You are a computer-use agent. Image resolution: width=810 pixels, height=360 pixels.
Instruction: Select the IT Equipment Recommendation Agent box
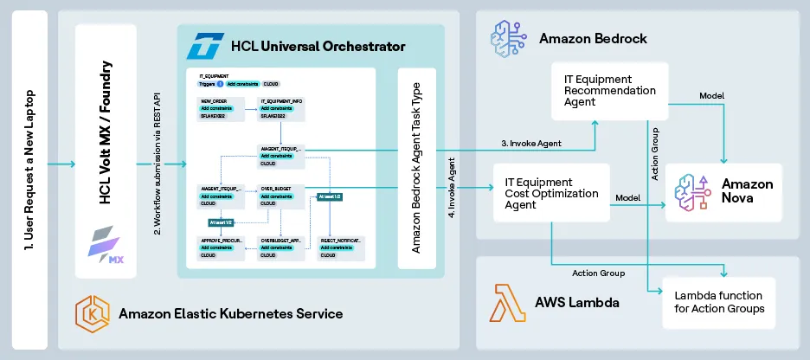(610, 90)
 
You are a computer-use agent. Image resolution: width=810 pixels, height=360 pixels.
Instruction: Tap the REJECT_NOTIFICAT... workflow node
(340, 245)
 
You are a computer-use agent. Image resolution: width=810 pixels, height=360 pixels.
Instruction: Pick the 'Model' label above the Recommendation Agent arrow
(710, 95)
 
